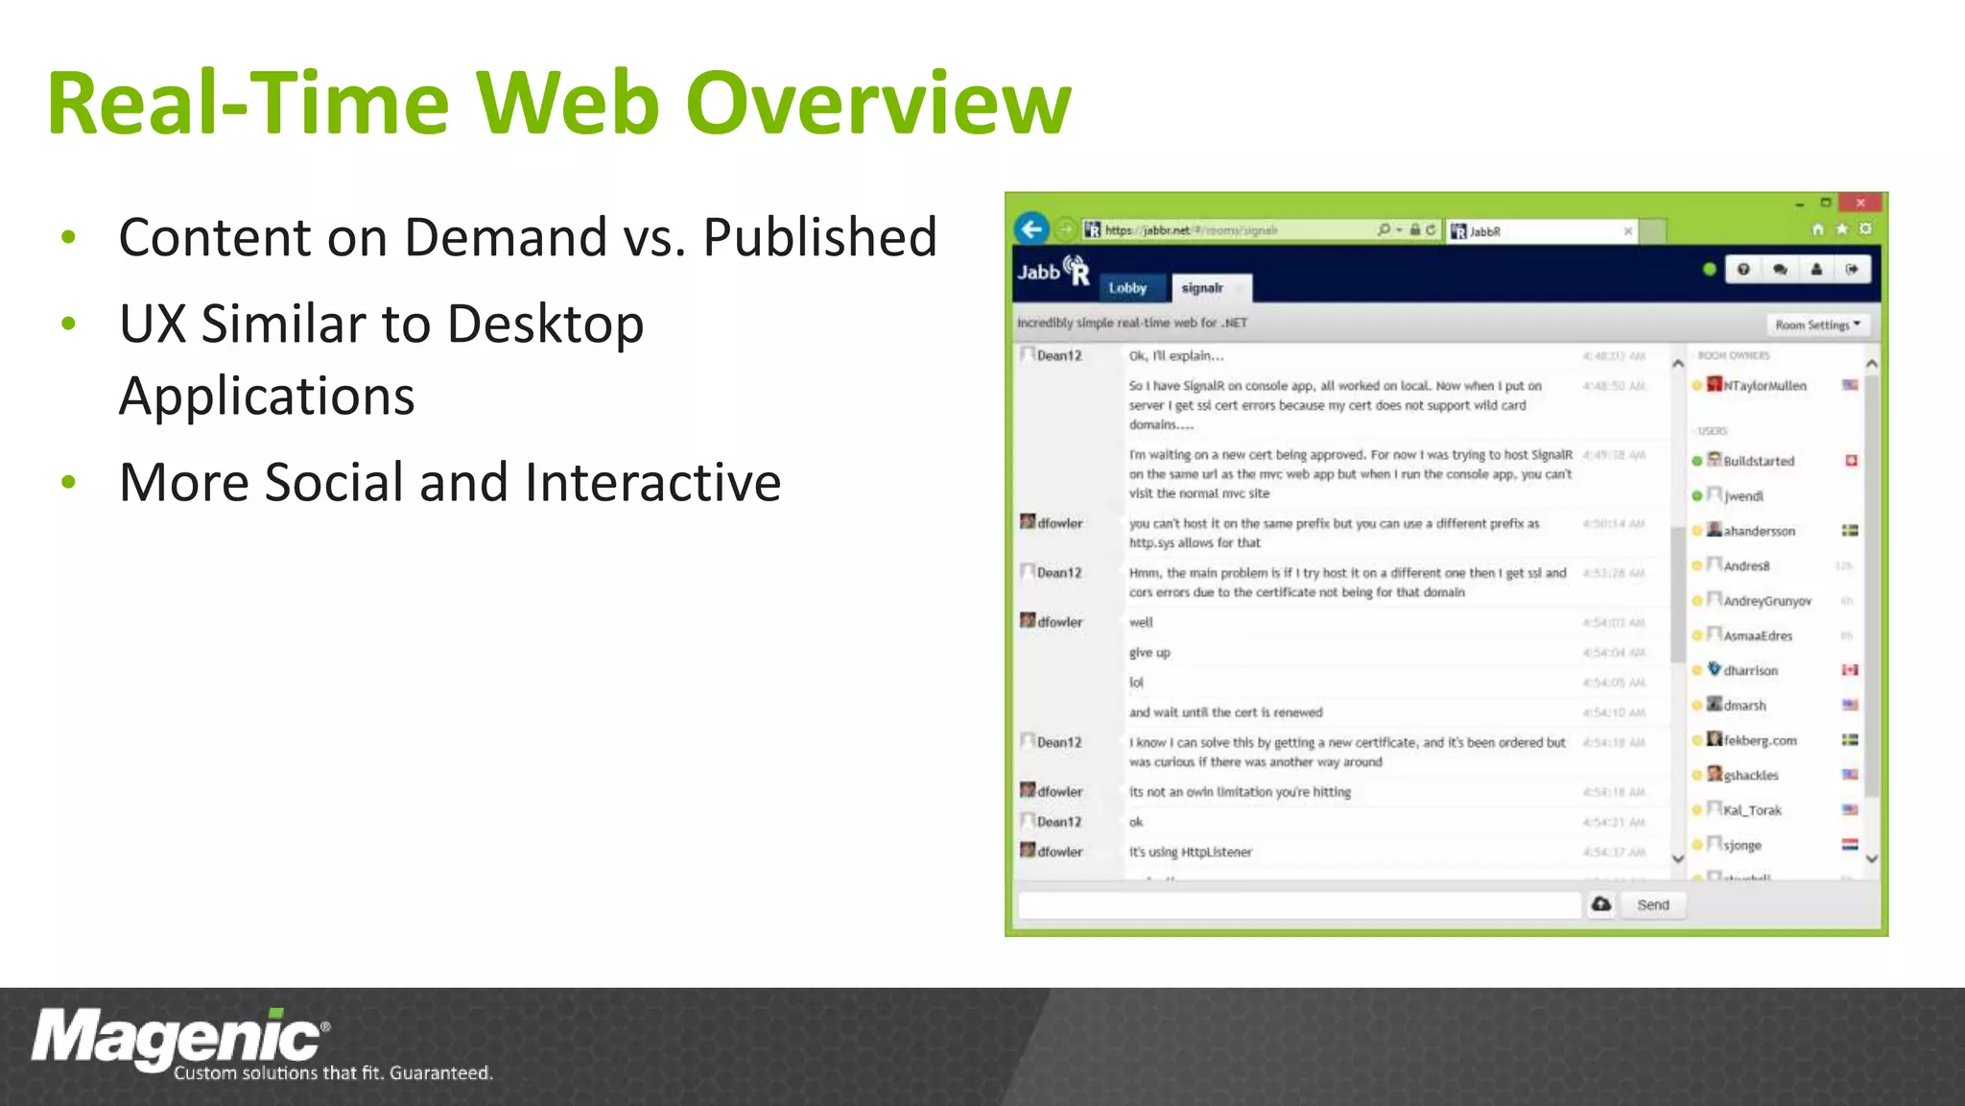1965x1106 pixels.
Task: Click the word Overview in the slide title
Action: click(x=878, y=104)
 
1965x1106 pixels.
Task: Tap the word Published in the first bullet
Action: click(x=819, y=237)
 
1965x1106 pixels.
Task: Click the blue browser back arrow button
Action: click(x=1031, y=229)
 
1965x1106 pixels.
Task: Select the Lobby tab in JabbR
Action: click(x=1127, y=288)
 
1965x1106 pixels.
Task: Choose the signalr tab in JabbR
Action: click(x=1202, y=288)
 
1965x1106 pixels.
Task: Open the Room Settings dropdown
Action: click(x=1817, y=325)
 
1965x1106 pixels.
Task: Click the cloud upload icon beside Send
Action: click(x=1601, y=904)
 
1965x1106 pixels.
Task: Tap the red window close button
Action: click(x=1860, y=203)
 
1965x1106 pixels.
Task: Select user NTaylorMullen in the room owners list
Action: click(x=1764, y=386)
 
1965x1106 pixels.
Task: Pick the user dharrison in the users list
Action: click(x=1750, y=670)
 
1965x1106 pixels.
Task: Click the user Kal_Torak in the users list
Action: click(x=1752, y=810)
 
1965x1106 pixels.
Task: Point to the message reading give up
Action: click(x=1149, y=653)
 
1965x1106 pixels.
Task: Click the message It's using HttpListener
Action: click(x=1190, y=853)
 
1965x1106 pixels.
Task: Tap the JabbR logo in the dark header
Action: click(x=1054, y=272)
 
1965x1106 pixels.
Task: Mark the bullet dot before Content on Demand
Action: click(x=68, y=237)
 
